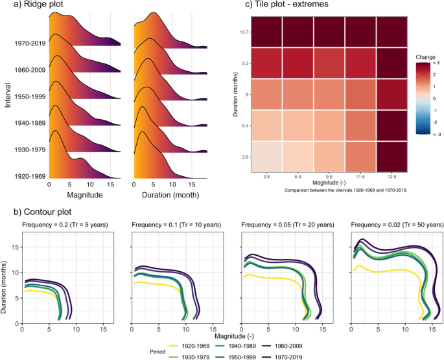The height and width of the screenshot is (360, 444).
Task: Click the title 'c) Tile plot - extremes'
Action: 285,6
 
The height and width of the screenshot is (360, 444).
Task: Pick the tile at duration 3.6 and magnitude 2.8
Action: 266,157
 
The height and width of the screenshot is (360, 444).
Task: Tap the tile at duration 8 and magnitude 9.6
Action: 329,95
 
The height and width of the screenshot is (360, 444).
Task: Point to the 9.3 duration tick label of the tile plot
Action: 240,63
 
